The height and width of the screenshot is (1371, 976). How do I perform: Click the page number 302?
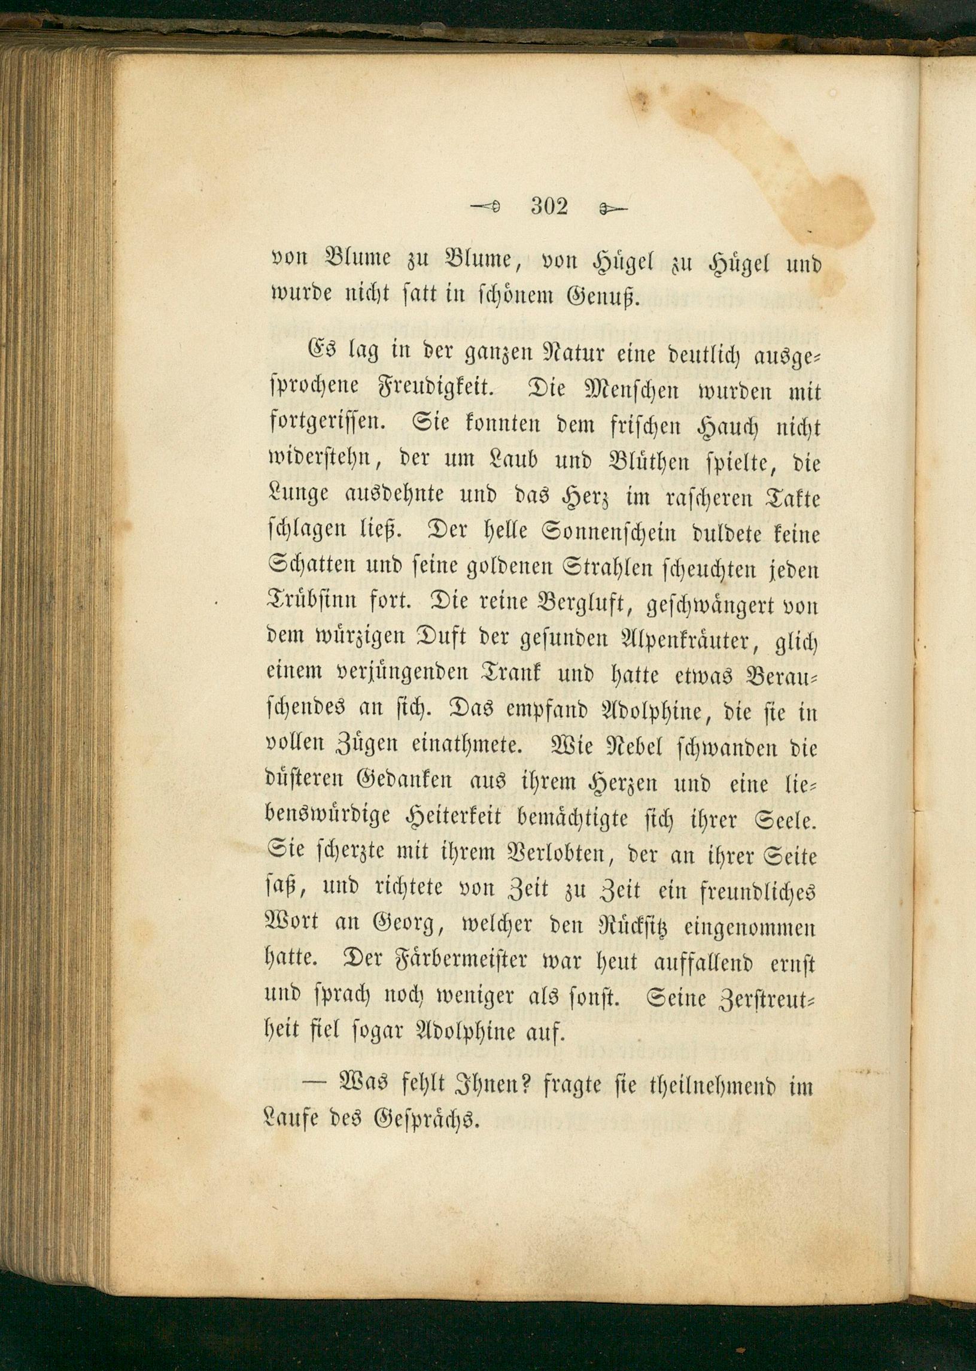click(549, 207)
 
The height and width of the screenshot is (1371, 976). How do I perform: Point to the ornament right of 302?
click(613, 209)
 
